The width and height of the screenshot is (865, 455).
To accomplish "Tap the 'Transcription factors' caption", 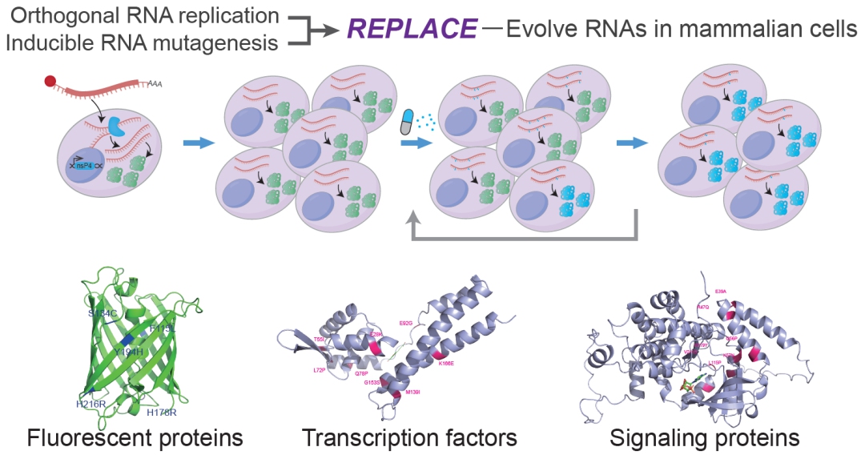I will tap(409, 438).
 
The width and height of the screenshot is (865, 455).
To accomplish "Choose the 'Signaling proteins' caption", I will tap(704, 438).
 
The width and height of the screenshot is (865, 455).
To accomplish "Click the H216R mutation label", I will tap(91, 405).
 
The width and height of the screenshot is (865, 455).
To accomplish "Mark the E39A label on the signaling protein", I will tap(721, 291).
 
